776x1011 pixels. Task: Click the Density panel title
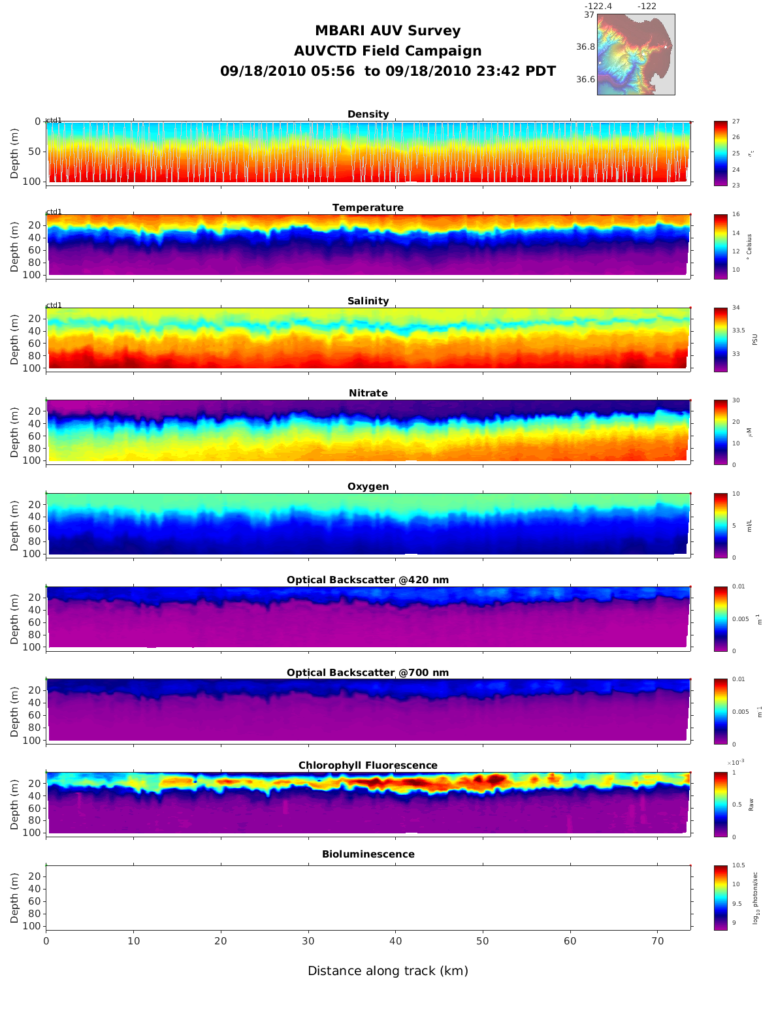point(368,114)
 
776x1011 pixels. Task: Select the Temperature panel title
point(368,208)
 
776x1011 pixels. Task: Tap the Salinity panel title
point(368,301)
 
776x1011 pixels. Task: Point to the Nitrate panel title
point(368,393)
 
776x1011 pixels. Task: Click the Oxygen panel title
point(368,487)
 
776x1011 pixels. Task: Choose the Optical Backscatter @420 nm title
point(368,580)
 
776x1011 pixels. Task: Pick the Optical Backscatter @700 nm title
point(368,673)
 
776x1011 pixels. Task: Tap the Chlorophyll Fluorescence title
point(368,765)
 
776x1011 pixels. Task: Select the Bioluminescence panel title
point(368,854)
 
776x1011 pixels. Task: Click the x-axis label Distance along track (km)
point(388,971)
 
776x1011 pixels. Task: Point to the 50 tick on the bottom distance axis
point(482,941)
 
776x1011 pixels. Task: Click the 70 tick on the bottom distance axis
point(658,941)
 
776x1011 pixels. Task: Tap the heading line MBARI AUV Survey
point(388,31)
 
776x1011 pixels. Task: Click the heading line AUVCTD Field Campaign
point(388,51)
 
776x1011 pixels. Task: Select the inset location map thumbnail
point(636,54)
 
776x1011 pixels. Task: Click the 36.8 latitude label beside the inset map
point(585,47)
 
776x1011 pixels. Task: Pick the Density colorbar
point(720,153)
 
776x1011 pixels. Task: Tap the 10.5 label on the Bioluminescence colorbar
point(738,865)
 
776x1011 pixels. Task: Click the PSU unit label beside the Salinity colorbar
point(755,340)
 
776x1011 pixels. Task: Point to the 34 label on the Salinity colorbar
point(736,308)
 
